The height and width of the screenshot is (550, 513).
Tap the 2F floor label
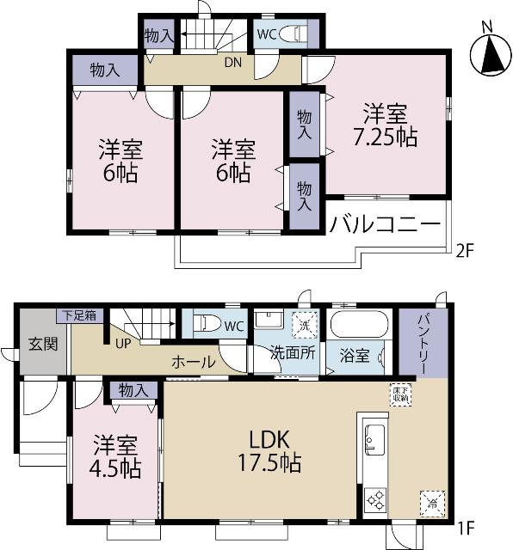(x=466, y=253)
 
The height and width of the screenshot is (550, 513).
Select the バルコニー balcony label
(x=385, y=225)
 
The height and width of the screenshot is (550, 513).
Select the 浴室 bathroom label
(x=354, y=353)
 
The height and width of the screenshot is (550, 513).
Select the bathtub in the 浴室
(x=362, y=326)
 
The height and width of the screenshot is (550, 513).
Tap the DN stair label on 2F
(x=232, y=62)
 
